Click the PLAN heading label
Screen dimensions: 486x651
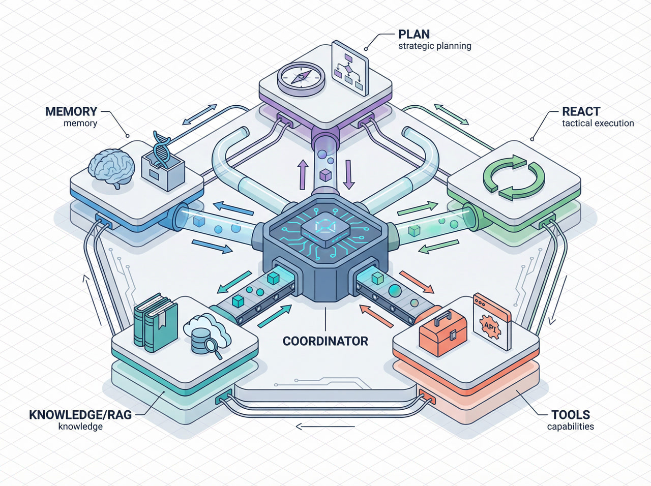(x=413, y=34)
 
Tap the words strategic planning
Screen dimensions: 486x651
(x=434, y=46)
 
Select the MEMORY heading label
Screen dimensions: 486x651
(x=71, y=111)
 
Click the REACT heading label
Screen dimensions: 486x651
(x=581, y=111)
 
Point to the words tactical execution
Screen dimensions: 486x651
(x=598, y=123)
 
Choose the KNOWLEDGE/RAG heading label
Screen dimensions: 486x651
(x=80, y=414)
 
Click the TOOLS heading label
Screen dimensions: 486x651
(x=571, y=414)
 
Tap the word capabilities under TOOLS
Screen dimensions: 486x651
(x=570, y=427)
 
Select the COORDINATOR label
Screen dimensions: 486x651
(x=325, y=341)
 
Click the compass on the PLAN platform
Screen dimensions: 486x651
(x=301, y=78)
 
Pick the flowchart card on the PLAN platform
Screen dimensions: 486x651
(x=350, y=68)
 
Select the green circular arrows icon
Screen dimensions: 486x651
(x=514, y=176)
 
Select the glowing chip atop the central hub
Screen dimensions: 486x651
(x=325, y=227)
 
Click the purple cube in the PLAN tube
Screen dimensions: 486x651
(x=325, y=176)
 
